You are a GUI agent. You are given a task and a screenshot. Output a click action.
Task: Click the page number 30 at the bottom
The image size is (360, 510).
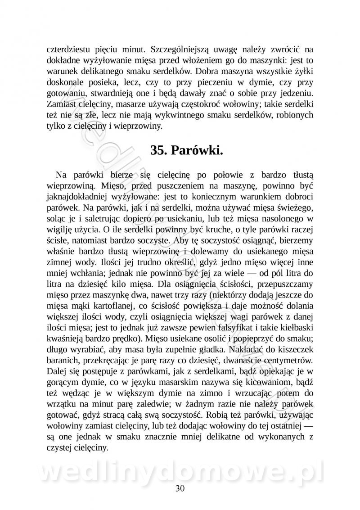[180, 488]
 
